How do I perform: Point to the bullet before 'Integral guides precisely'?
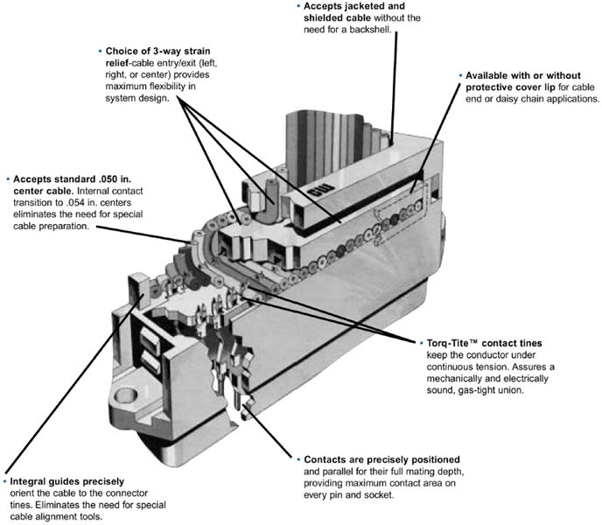tap(4, 479)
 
